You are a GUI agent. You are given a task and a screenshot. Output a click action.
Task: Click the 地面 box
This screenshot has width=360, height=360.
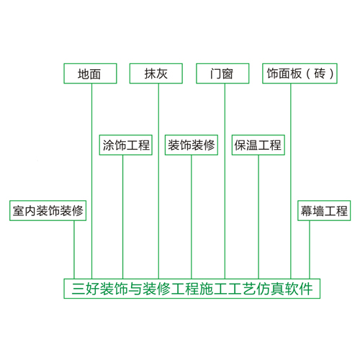click(90, 73)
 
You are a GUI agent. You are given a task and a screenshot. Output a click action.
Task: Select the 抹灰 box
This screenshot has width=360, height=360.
click(156, 73)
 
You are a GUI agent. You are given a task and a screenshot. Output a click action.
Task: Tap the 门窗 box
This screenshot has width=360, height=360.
click(222, 73)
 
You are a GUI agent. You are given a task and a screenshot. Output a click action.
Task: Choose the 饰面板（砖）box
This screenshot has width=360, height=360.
click(300, 73)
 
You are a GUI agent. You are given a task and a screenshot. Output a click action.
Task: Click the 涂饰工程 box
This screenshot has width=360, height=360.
click(126, 145)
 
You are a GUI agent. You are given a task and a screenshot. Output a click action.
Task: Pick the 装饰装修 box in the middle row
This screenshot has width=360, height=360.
click(192, 145)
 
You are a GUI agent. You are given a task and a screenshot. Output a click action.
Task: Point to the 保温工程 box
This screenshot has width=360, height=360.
click(258, 145)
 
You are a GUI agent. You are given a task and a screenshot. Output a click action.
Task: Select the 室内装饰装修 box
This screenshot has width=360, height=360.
click(48, 210)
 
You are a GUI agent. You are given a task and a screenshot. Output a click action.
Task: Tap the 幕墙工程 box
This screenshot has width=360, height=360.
click(324, 210)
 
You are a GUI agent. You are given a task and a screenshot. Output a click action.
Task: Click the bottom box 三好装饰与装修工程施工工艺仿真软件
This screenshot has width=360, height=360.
click(192, 289)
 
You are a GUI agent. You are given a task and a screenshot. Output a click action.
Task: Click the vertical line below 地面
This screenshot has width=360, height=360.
click(91, 181)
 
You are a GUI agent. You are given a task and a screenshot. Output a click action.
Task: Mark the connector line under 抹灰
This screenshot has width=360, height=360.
click(158, 181)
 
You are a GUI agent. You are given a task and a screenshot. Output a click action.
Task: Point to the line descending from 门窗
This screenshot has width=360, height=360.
click(225, 181)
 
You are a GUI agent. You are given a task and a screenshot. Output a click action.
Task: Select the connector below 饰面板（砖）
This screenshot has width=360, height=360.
click(291, 181)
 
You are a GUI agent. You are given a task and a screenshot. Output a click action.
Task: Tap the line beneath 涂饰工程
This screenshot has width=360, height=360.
click(122, 217)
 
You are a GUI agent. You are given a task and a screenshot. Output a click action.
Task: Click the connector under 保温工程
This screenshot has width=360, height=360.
click(258, 217)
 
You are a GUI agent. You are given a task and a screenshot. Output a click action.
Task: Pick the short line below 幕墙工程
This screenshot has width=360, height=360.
click(310, 250)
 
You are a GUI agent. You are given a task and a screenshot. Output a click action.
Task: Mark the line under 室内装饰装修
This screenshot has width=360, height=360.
click(74, 250)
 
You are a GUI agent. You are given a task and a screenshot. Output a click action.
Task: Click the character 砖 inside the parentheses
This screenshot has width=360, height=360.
click(320, 73)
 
